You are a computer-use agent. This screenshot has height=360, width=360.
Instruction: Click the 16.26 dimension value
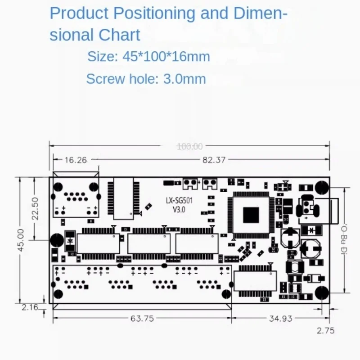click(76, 159)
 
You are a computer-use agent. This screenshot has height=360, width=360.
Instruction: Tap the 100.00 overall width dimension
click(189, 146)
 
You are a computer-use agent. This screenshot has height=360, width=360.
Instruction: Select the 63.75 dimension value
click(142, 318)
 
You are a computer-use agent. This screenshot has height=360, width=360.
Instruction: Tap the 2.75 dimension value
click(325, 331)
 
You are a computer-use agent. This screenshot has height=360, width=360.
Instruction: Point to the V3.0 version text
click(176, 209)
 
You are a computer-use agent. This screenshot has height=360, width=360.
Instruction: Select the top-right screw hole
click(322, 187)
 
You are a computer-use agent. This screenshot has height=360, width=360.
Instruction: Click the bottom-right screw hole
click(322, 292)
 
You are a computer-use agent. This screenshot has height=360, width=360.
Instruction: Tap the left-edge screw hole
click(57, 240)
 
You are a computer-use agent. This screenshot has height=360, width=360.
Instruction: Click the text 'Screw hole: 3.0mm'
click(146, 79)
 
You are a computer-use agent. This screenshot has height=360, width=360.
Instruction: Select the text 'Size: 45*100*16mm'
click(148, 57)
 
